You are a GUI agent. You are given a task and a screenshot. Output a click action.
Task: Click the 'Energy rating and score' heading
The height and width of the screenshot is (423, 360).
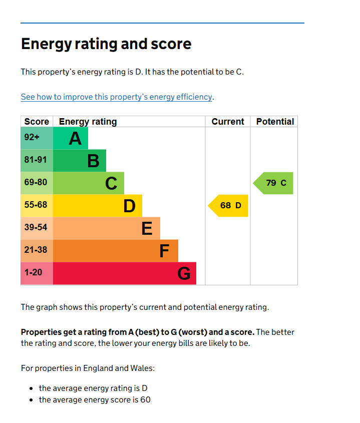pos(106,44)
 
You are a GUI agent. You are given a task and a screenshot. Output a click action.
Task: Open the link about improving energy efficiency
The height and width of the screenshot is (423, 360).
pos(117,97)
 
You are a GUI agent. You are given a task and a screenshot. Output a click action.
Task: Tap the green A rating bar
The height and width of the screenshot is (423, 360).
pos(71,138)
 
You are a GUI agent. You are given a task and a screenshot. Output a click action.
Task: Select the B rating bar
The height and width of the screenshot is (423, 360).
pos(80,161)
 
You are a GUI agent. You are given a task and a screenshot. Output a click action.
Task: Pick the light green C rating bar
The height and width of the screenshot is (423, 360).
pos(89,183)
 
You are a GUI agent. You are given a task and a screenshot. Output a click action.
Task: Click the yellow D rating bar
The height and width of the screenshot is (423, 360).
pos(98,206)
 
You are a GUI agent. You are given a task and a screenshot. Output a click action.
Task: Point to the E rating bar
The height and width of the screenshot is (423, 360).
pos(107,228)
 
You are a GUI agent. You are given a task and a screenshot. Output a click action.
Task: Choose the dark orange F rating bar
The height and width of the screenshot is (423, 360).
pos(116,251)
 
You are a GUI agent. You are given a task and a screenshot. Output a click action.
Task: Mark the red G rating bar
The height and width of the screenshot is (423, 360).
pos(125,273)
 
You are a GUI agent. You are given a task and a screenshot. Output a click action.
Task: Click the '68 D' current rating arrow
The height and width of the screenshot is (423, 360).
pos(228,206)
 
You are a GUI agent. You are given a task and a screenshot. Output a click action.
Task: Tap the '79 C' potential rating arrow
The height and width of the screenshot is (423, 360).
pos(274,183)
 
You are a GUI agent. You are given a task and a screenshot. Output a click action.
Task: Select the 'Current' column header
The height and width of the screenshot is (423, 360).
pos(228,122)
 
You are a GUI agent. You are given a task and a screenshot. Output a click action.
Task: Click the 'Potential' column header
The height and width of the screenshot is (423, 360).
pos(275,122)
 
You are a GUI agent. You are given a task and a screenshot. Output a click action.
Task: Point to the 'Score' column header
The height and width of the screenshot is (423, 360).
pos(37,122)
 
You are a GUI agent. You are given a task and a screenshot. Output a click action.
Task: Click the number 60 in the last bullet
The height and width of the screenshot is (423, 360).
pos(145,400)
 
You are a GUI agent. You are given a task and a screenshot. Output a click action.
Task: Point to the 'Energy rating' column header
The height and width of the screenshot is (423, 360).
pos(88,122)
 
